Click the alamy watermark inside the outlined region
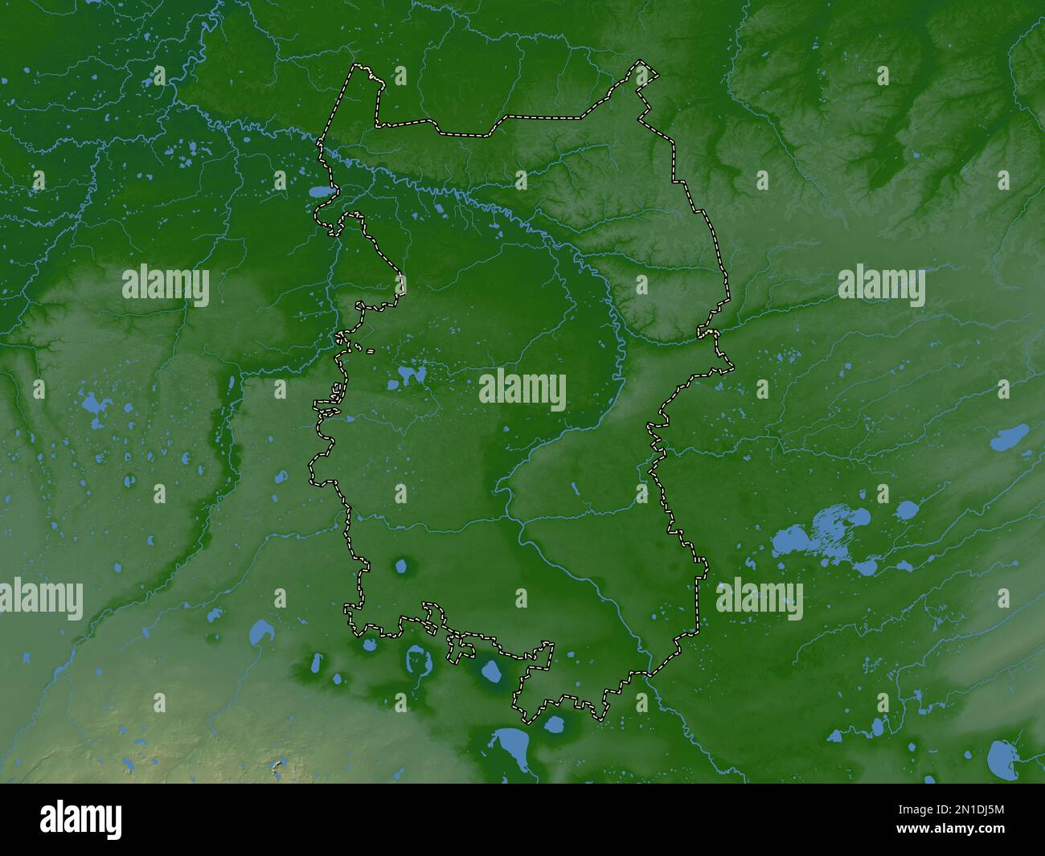[522, 391]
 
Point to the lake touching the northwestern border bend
[321, 193]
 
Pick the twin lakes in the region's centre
[411, 375]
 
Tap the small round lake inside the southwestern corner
[400, 567]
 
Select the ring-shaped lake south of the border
[419, 661]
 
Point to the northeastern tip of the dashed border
[653, 72]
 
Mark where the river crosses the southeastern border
[648, 672]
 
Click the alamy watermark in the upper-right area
[882, 286]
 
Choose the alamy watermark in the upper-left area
[166, 286]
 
